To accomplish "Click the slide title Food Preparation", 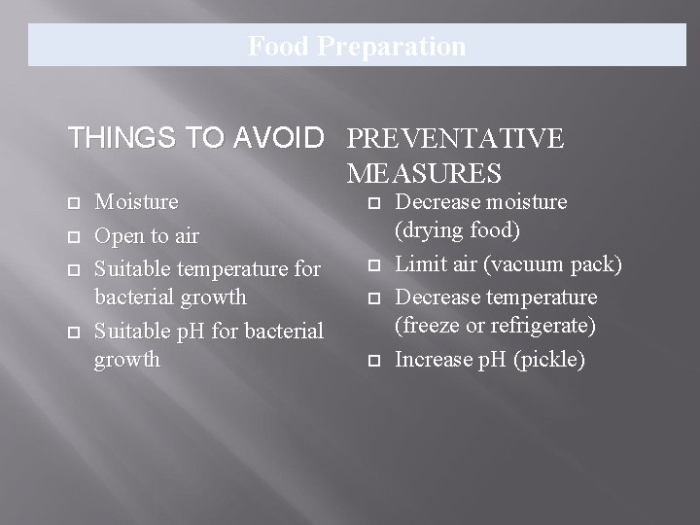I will coord(357,46).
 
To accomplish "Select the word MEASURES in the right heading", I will coord(423,174).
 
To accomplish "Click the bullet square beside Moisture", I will coord(73,203).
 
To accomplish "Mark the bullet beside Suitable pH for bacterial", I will coord(73,332).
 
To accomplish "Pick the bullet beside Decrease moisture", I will coord(373,203).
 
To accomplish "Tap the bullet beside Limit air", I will coord(373,265).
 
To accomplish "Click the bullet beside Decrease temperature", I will coord(373,297).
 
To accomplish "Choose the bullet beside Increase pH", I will coord(373,361).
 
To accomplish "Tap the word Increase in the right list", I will coord(437,360).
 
